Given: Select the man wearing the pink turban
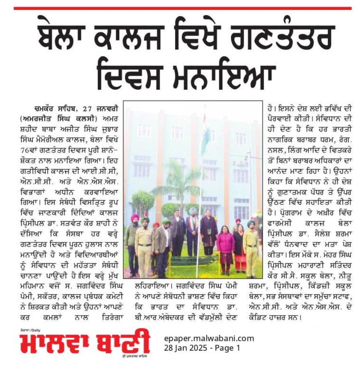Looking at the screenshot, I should click(x=134, y=239).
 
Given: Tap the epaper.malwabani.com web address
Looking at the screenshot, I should click(x=209, y=338).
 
